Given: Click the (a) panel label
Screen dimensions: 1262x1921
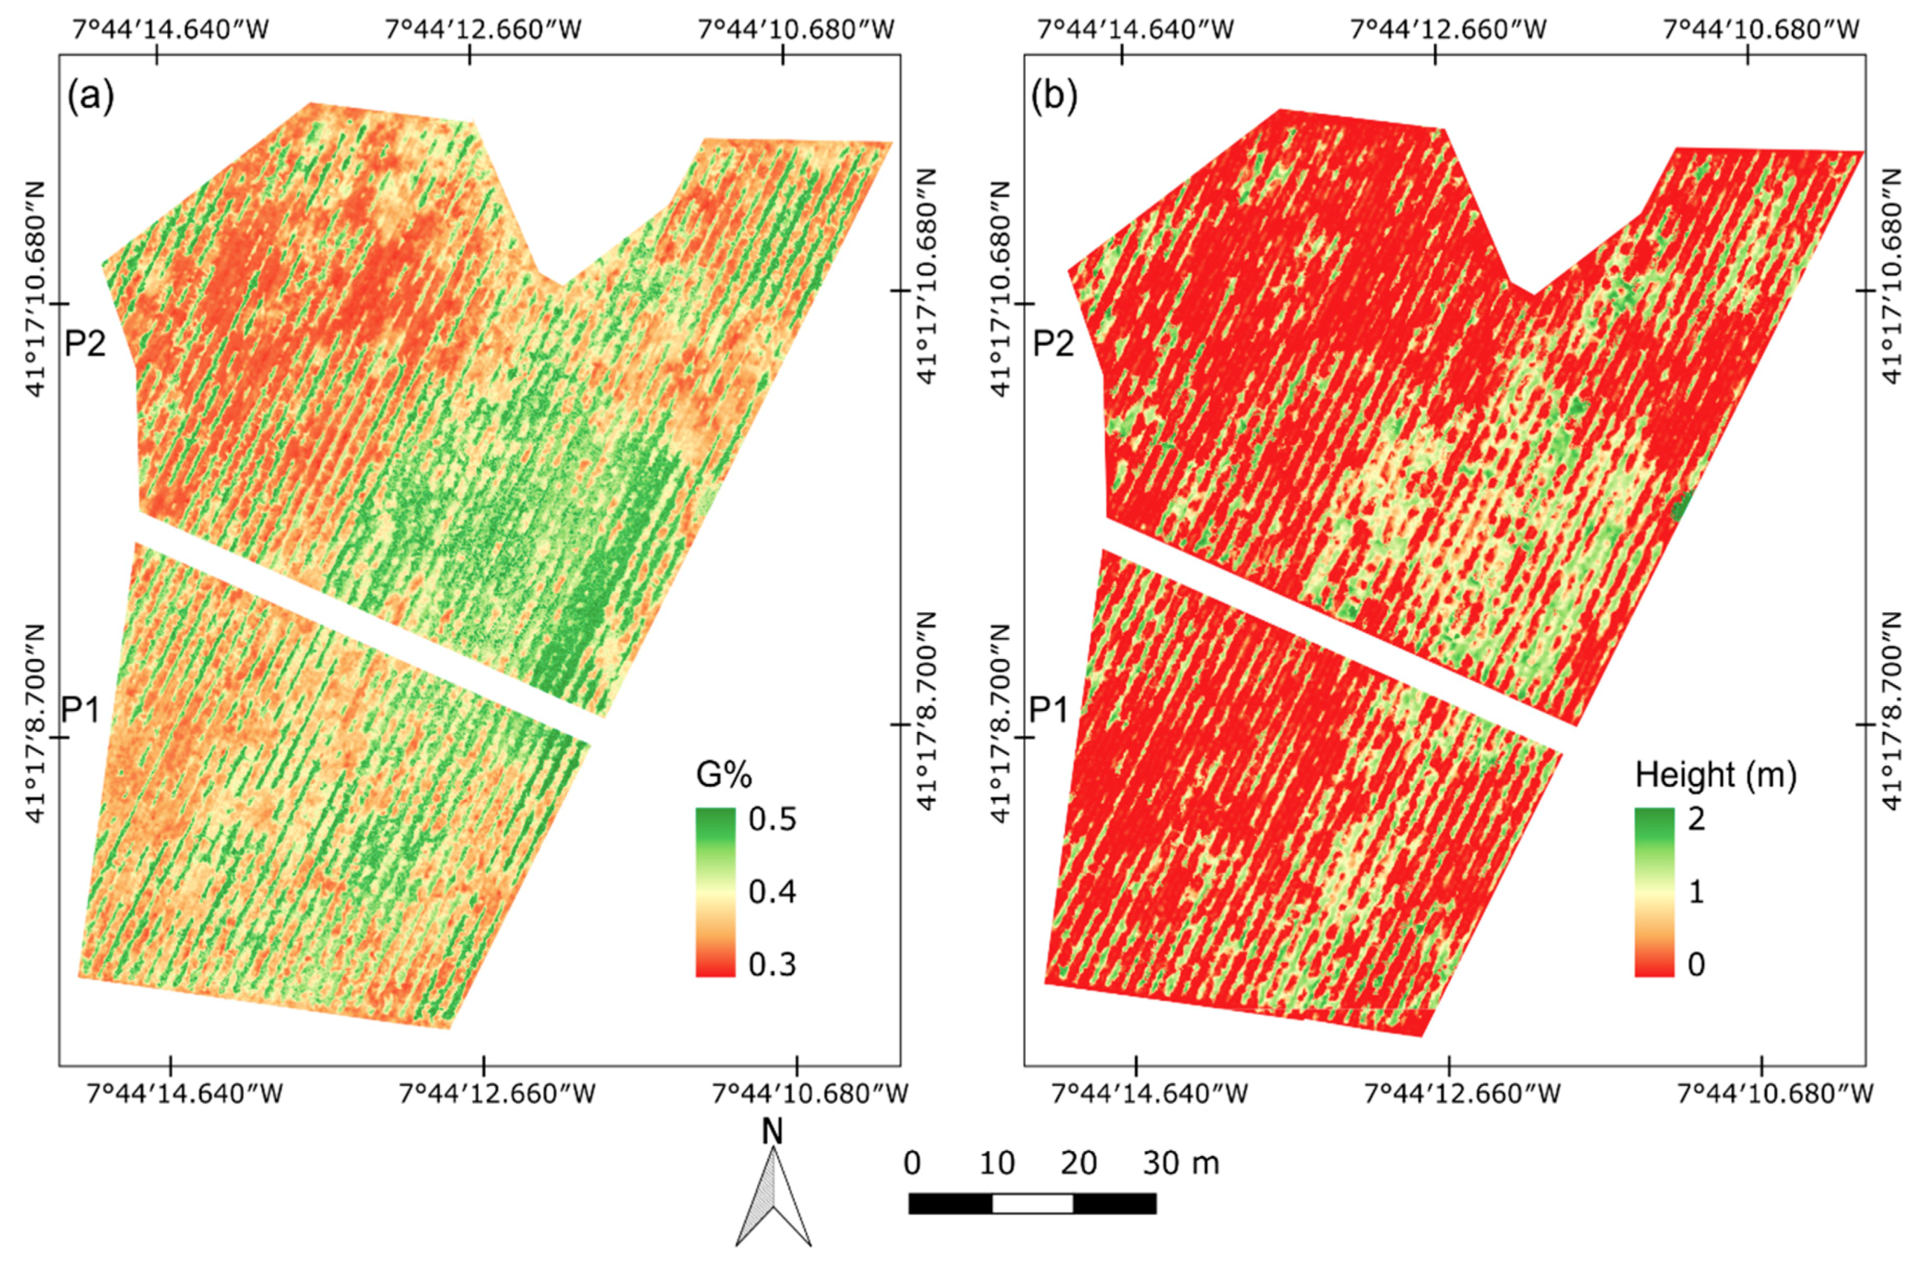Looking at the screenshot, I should point(91,97).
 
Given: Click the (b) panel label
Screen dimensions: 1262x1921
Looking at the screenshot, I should point(1055,97).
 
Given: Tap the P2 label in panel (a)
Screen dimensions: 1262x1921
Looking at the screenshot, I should point(86,344).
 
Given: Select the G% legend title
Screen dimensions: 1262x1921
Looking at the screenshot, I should point(724,775).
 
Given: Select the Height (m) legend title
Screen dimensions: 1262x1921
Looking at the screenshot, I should point(1716,775).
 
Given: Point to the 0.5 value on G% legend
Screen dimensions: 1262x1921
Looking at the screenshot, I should point(773,819).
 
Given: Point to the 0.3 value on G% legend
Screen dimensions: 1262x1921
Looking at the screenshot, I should point(773,965).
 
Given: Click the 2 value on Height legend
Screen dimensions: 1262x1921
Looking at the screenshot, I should point(1697,819).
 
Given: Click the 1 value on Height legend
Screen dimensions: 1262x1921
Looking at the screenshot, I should point(1697,892).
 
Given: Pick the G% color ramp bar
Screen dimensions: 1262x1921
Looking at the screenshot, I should point(715,892).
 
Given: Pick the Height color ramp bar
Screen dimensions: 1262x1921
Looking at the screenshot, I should point(1655,892).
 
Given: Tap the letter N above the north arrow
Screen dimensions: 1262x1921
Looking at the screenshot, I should point(773,1132).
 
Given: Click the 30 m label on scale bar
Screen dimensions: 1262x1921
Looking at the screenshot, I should point(1180,1164).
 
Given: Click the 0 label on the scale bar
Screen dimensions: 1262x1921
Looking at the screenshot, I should point(912,1164).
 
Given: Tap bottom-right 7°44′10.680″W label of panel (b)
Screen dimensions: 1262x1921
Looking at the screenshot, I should point(1776,1094).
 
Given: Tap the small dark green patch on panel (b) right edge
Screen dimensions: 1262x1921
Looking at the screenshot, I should point(1680,508).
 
